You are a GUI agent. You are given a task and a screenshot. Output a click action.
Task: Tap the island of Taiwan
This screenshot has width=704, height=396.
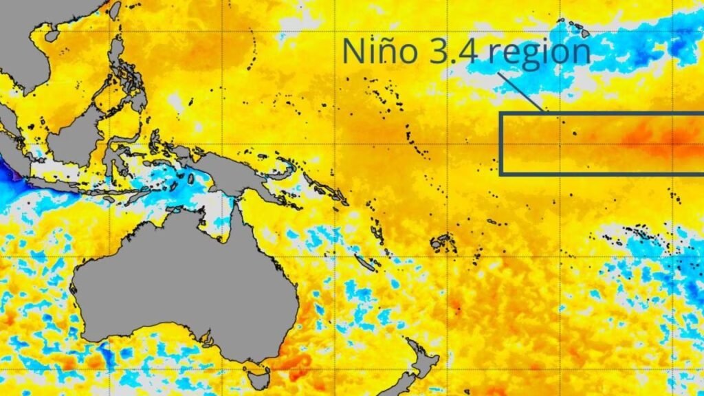114,10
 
